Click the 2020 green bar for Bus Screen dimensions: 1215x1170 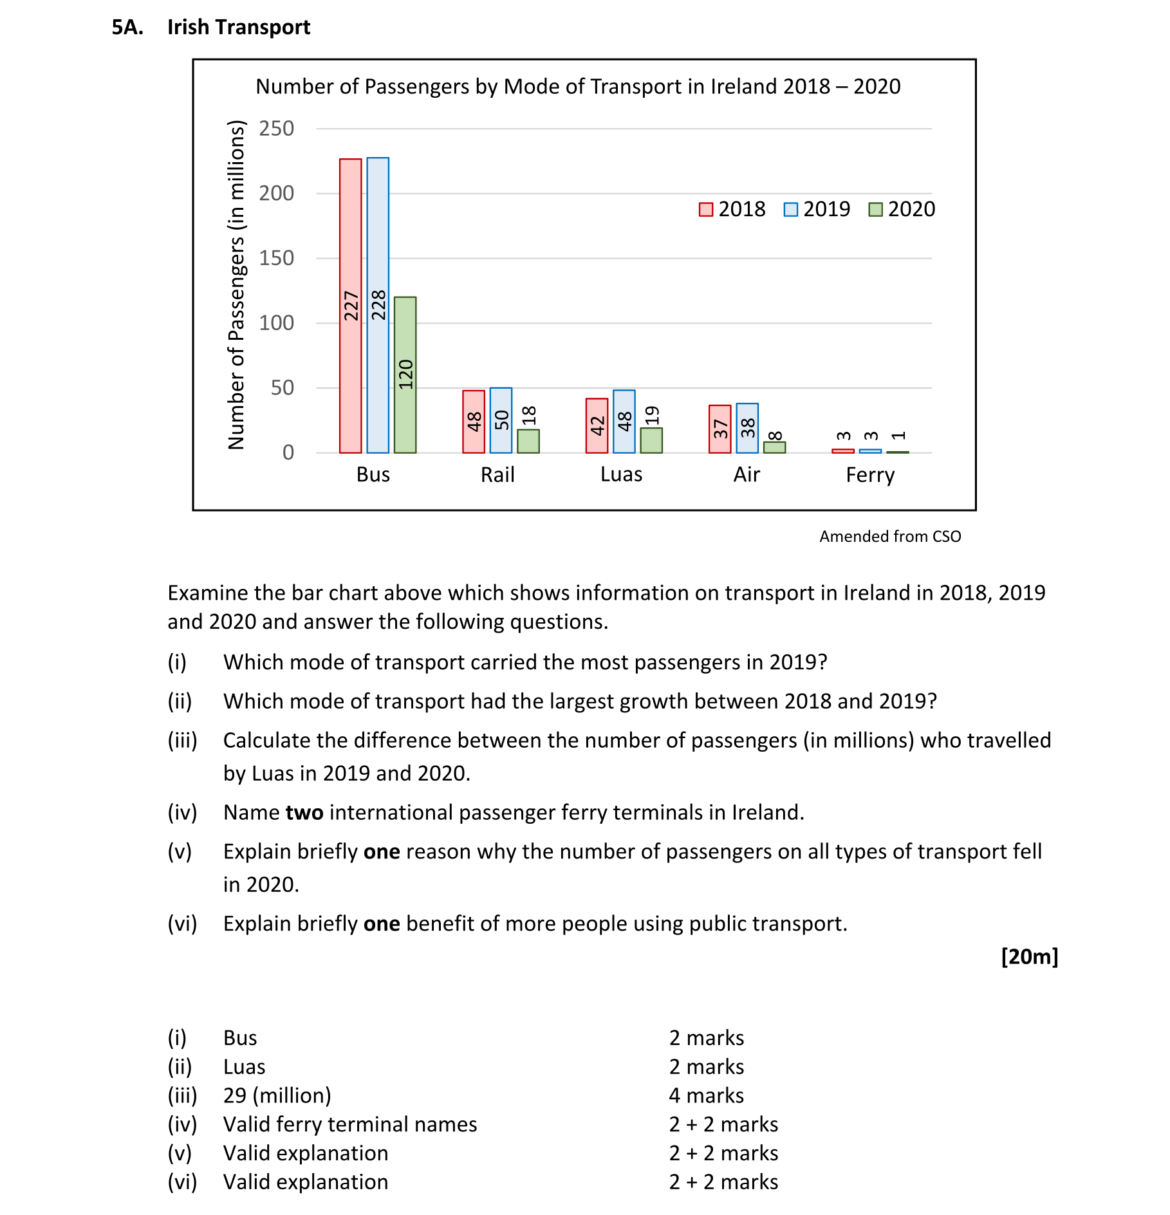[405, 375]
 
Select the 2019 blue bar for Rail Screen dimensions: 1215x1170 [501, 420]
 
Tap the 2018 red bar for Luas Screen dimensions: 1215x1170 [597, 425]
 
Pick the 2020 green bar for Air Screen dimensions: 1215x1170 [774, 447]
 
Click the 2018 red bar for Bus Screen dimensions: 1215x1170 [350, 306]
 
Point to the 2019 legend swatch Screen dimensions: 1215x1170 [790, 210]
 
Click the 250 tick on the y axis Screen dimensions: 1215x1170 [276, 129]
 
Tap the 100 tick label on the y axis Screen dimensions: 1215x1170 [276, 323]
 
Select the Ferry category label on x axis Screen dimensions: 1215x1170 [869, 475]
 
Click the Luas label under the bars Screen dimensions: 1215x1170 [621, 475]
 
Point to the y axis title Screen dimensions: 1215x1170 [237, 285]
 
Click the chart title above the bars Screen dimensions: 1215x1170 [577, 86]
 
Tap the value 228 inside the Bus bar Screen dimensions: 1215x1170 [378, 305]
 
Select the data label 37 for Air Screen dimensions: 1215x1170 [720, 429]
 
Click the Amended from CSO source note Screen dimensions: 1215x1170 [889, 536]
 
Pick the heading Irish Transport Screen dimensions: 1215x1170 [238, 27]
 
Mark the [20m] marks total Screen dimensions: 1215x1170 [1029, 956]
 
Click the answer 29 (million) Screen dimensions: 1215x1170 [277, 1095]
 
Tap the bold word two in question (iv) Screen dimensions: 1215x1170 [304, 813]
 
